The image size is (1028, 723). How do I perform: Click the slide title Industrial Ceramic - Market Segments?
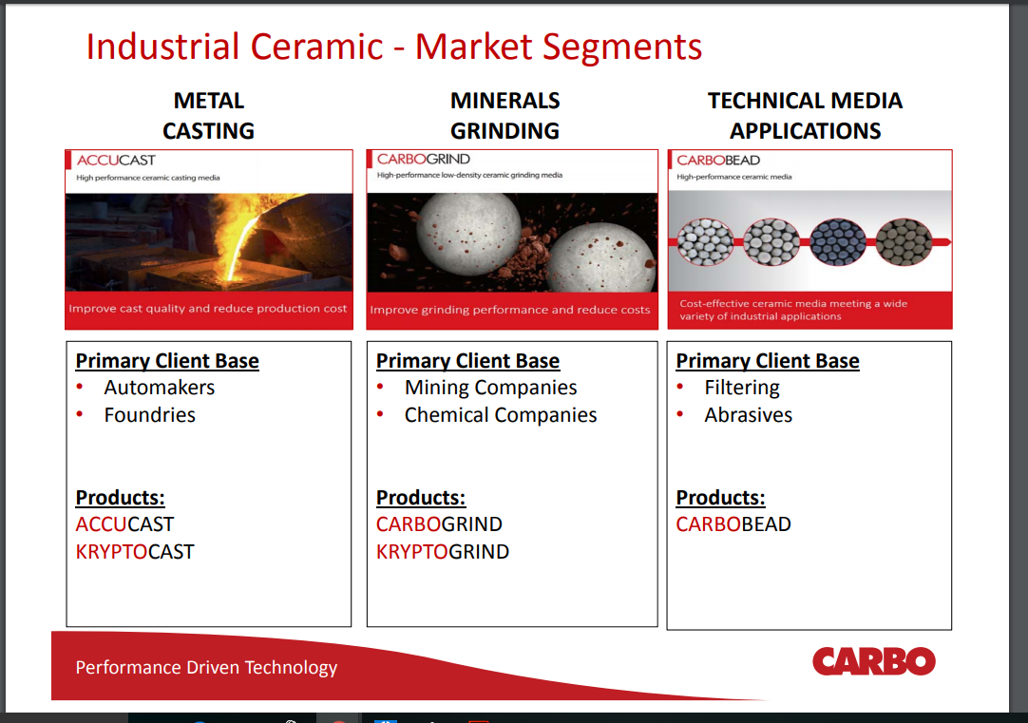tap(393, 47)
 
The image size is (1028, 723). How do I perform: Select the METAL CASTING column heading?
tap(208, 115)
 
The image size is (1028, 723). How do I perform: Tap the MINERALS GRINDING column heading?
tap(504, 115)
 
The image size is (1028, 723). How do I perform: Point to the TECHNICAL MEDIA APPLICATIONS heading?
tap(805, 115)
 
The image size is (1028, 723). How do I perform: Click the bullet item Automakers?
tap(159, 388)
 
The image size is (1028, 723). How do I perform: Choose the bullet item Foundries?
tap(149, 415)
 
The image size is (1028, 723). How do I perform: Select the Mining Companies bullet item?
tap(490, 388)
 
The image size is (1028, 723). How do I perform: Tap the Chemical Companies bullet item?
tap(500, 415)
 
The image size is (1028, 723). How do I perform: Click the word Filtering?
tap(741, 388)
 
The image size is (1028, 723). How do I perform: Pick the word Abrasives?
tap(748, 415)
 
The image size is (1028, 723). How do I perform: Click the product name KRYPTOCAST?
tap(135, 552)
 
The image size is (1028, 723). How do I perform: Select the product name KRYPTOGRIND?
tap(442, 552)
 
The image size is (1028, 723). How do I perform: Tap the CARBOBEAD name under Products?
tap(733, 524)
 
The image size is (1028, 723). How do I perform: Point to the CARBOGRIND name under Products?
tap(439, 524)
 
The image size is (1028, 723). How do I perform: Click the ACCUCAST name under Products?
tap(124, 524)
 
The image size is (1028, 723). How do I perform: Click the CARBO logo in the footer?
tap(873, 661)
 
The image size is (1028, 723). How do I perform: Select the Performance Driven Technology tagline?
tap(206, 668)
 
